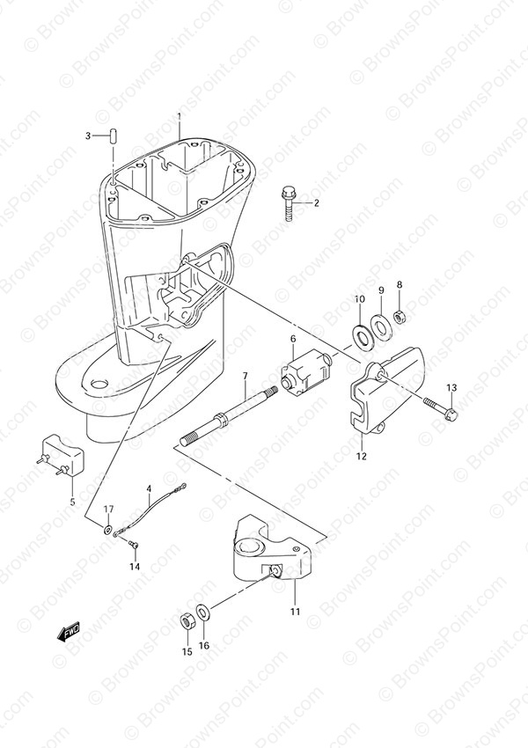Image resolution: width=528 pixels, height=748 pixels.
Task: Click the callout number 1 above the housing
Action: (180, 116)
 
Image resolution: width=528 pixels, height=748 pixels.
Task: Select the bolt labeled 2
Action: (288, 203)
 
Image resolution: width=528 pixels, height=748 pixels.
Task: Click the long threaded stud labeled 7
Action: (229, 415)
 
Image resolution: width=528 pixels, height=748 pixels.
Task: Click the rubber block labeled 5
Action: (61, 455)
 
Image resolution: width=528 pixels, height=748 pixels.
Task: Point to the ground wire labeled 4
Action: (150, 510)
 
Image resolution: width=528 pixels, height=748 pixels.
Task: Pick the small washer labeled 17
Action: (107, 529)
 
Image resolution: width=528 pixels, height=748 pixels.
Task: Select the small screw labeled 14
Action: (134, 543)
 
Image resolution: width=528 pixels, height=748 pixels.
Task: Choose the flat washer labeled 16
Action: (202, 612)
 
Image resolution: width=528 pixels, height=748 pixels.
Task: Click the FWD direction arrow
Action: (69, 632)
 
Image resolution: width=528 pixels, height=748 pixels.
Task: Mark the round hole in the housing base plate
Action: (100, 384)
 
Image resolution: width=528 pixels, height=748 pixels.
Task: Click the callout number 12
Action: (362, 456)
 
